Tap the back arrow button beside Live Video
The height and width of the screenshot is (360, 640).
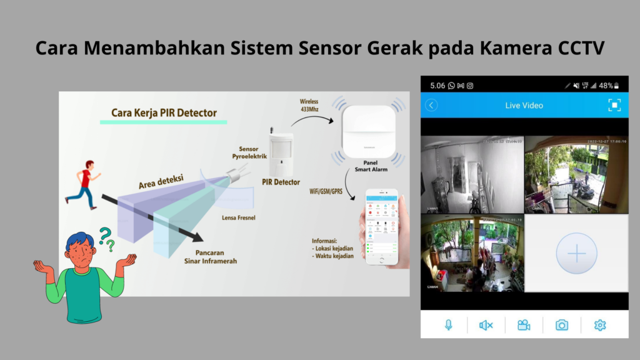(x=431, y=106)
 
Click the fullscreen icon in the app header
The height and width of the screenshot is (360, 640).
(x=614, y=106)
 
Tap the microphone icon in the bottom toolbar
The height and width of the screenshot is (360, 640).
(x=448, y=325)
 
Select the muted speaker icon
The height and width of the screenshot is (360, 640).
(x=486, y=325)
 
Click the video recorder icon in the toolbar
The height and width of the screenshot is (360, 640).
(x=524, y=325)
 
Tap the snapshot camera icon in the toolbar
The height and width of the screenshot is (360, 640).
(x=562, y=325)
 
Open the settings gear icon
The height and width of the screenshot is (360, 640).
(x=600, y=325)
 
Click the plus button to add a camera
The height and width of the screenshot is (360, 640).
(x=576, y=253)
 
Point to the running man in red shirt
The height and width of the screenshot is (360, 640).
(x=84, y=182)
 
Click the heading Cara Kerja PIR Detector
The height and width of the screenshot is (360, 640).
(x=164, y=113)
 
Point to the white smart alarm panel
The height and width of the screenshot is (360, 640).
(x=369, y=131)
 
